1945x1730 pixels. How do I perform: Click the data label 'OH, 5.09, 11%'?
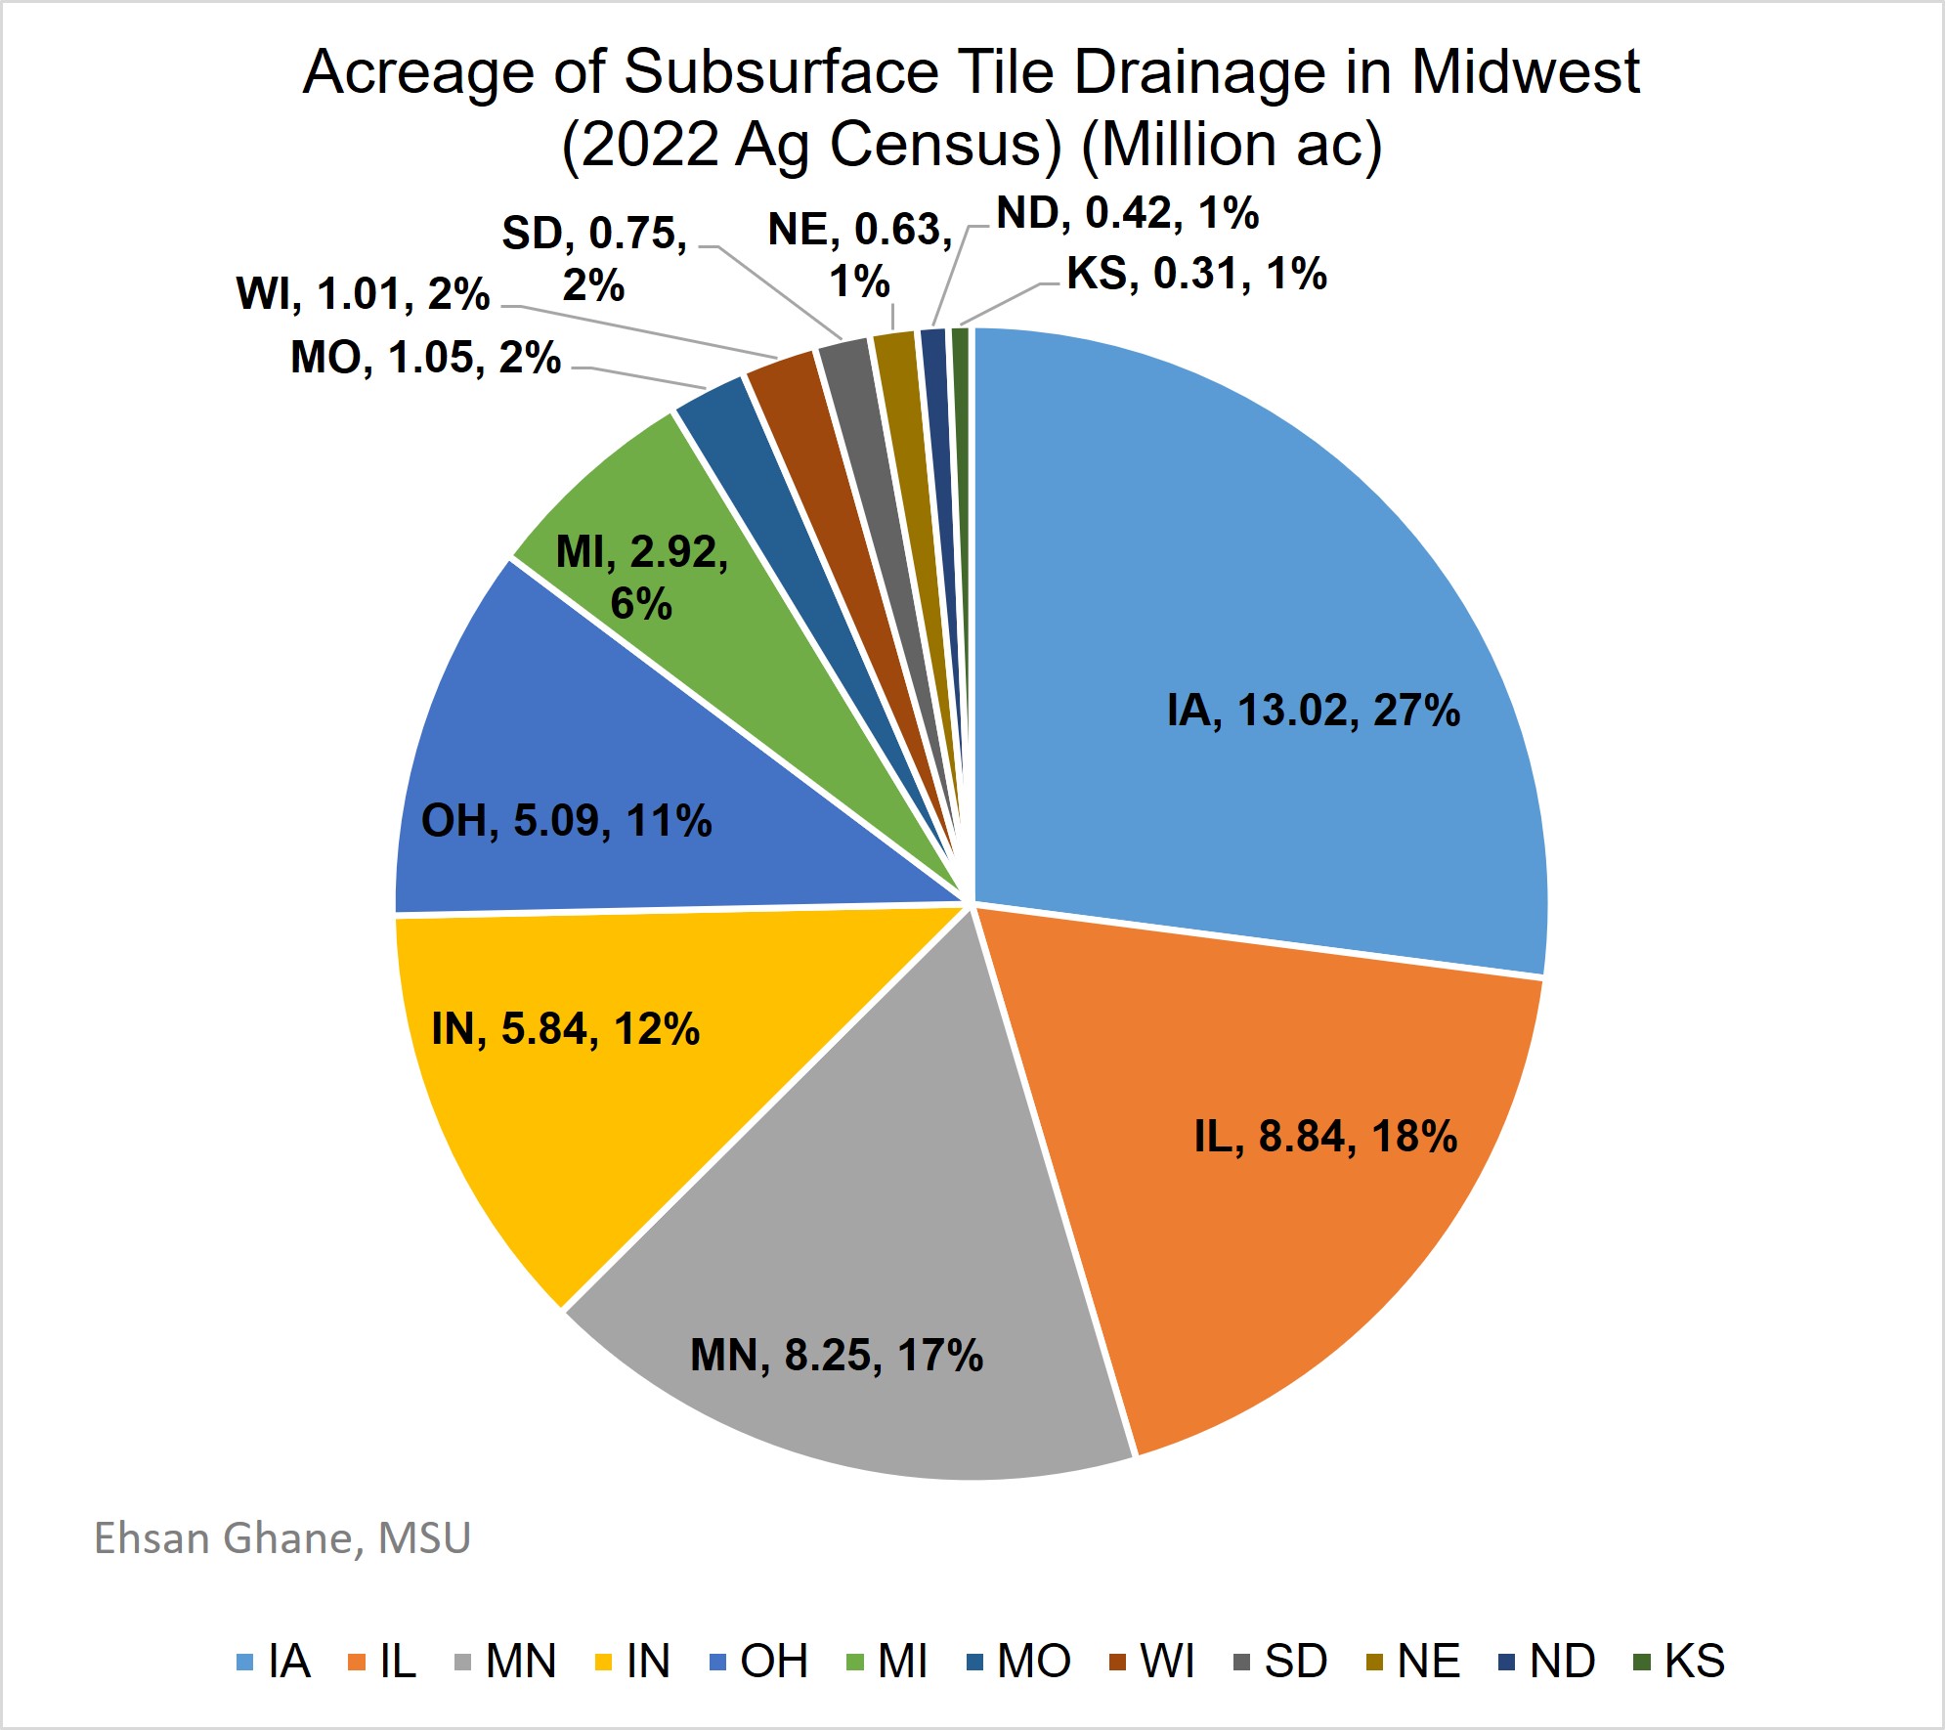[566, 820]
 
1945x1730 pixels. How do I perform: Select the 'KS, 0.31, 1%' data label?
[1196, 274]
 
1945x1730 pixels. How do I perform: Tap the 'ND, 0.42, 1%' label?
[1127, 213]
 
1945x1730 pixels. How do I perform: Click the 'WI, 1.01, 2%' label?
[363, 293]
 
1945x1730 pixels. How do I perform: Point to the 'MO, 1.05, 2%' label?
[425, 358]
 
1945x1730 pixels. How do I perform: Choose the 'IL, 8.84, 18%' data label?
[1325, 1136]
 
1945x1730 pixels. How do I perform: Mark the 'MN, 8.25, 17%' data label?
[837, 1355]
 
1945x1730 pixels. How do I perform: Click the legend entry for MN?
[507, 1662]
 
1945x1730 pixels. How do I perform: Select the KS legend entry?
[1681, 1662]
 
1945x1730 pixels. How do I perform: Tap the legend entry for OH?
[759, 1662]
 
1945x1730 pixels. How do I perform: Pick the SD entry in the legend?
[1281, 1662]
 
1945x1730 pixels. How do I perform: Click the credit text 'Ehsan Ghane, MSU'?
[282, 1537]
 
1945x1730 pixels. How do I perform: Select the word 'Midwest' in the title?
[1525, 72]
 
